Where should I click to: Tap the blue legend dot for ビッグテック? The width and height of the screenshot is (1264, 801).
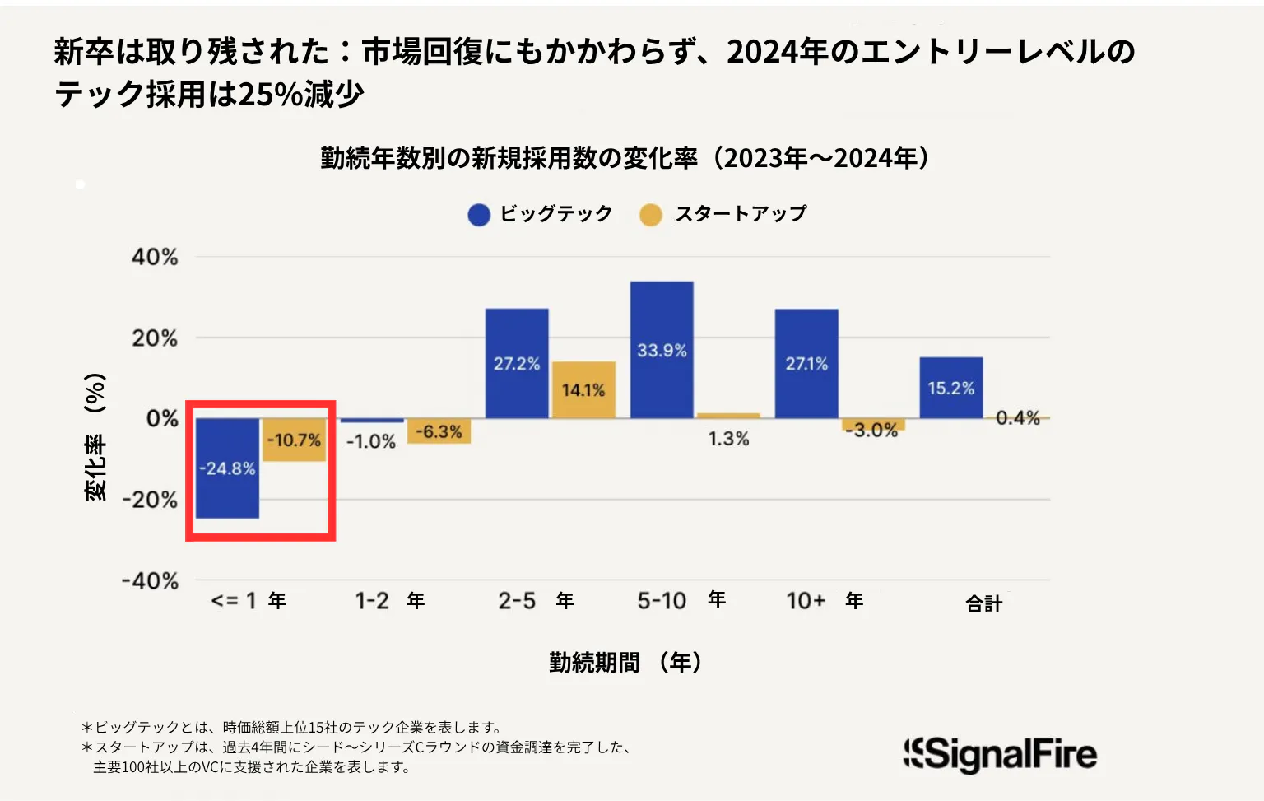(479, 215)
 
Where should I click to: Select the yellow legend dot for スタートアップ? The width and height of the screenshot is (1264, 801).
(651, 215)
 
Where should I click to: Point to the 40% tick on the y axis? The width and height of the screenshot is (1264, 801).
(155, 258)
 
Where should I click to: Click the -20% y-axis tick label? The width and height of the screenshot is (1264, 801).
(150, 500)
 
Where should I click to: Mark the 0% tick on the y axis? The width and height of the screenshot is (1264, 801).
(162, 419)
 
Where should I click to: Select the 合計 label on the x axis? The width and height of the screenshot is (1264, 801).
(983, 604)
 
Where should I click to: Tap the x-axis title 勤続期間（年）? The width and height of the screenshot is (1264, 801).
(625, 662)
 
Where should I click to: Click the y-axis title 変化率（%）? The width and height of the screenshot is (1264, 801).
(95, 436)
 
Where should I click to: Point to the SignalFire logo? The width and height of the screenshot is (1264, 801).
(1000, 754)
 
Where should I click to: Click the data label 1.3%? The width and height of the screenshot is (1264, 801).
(728, 439)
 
